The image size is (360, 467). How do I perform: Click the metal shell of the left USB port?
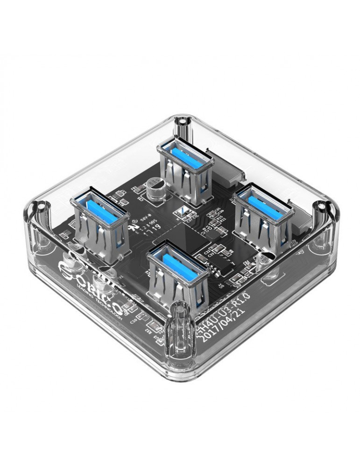pyautogui.click(x=100, y=229)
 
